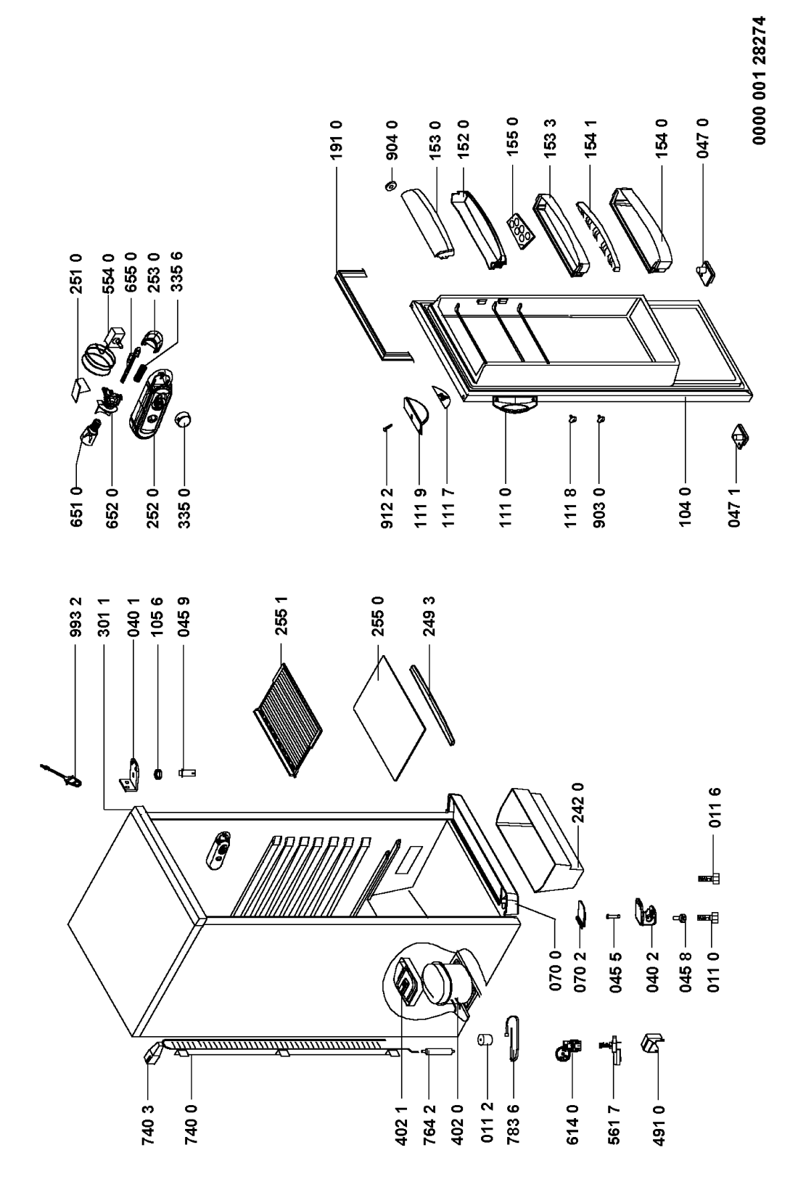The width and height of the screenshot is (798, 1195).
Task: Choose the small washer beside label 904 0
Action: (x=391, y=187)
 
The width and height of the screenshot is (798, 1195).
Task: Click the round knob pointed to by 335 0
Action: (x=184, y=419)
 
